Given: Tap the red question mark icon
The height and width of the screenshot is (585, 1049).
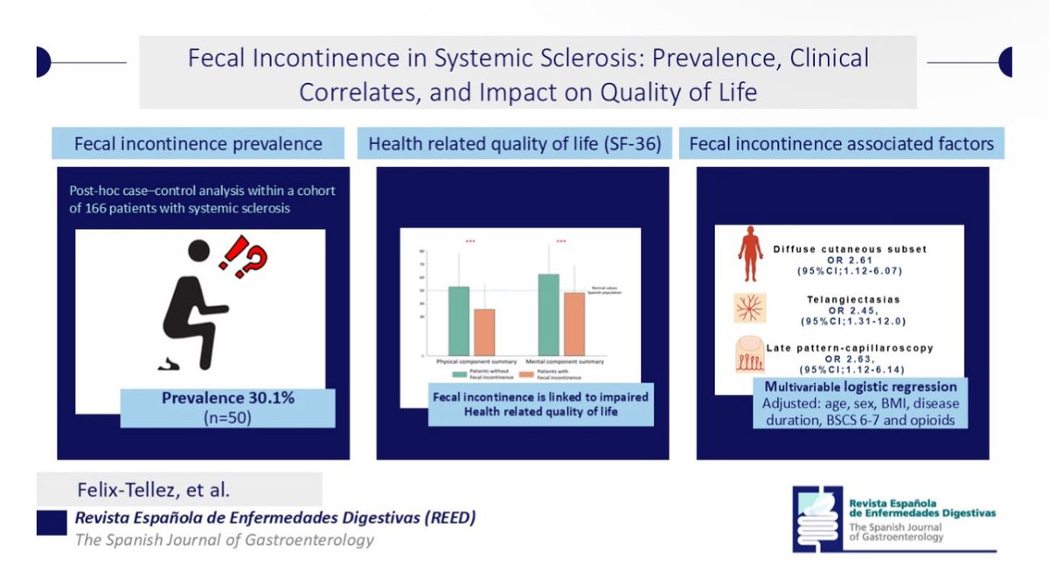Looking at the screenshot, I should point(256,260).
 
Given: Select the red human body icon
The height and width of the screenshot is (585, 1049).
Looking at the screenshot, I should point(750,254).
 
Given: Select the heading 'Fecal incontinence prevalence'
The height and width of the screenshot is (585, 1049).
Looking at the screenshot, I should point(198,143).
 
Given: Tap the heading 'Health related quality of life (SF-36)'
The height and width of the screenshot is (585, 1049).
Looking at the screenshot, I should point(514,143).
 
